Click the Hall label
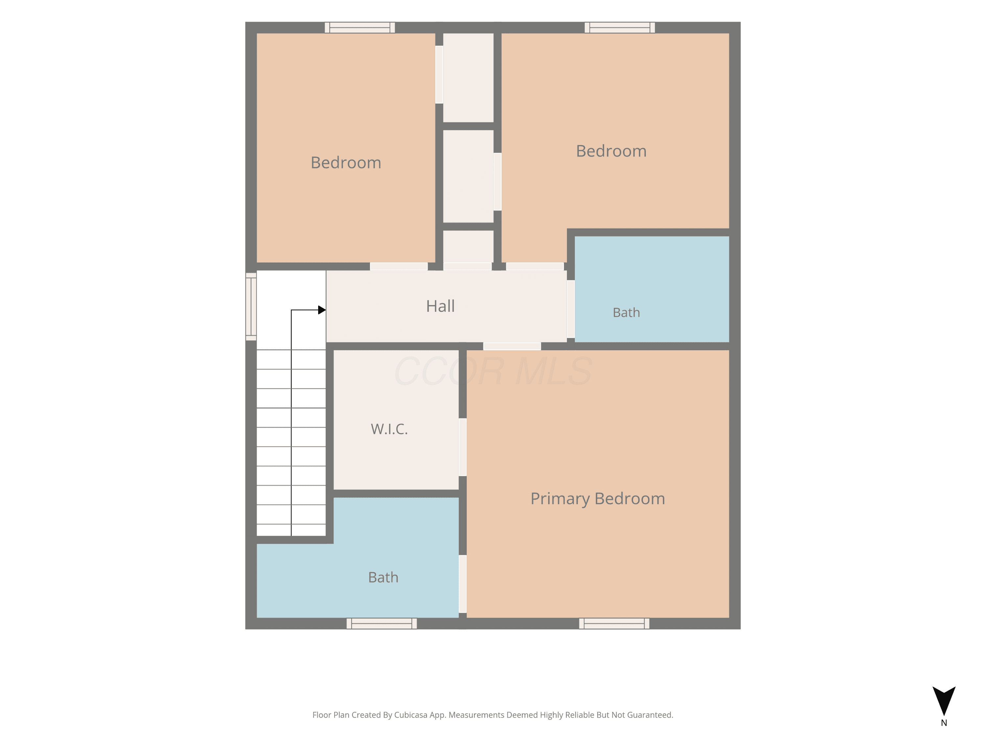pyautogui.click(x=440, y=306)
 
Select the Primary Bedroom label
pyautogui.click(x=598, y=499)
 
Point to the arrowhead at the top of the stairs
pyautogui.click(x=322, y=309)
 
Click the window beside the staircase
pyautogui.click(x=251, y=307)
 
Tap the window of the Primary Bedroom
pyautogui.click(x=614, y=624)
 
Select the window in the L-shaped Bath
pyautogui.click(x=382, y=624)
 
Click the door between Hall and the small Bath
pyautogui.click(x=571, y=309)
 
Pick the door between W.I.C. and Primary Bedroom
pyautogui.click(x=463, y=447)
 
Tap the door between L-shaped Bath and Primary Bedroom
pyautogui.click(x=463, y=584)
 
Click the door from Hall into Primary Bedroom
pyautogui.click(x=512, y=346)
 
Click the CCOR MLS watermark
pyautogui.click(x=493, y=371)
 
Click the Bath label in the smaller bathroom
pyautogui.click(x=626, y=313)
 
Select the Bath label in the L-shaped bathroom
pyautogui.click(x=383, y=577)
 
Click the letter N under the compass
pyautogui.click(x=944, y=723)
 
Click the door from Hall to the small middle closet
pyautogui.click(x=468, y=266)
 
